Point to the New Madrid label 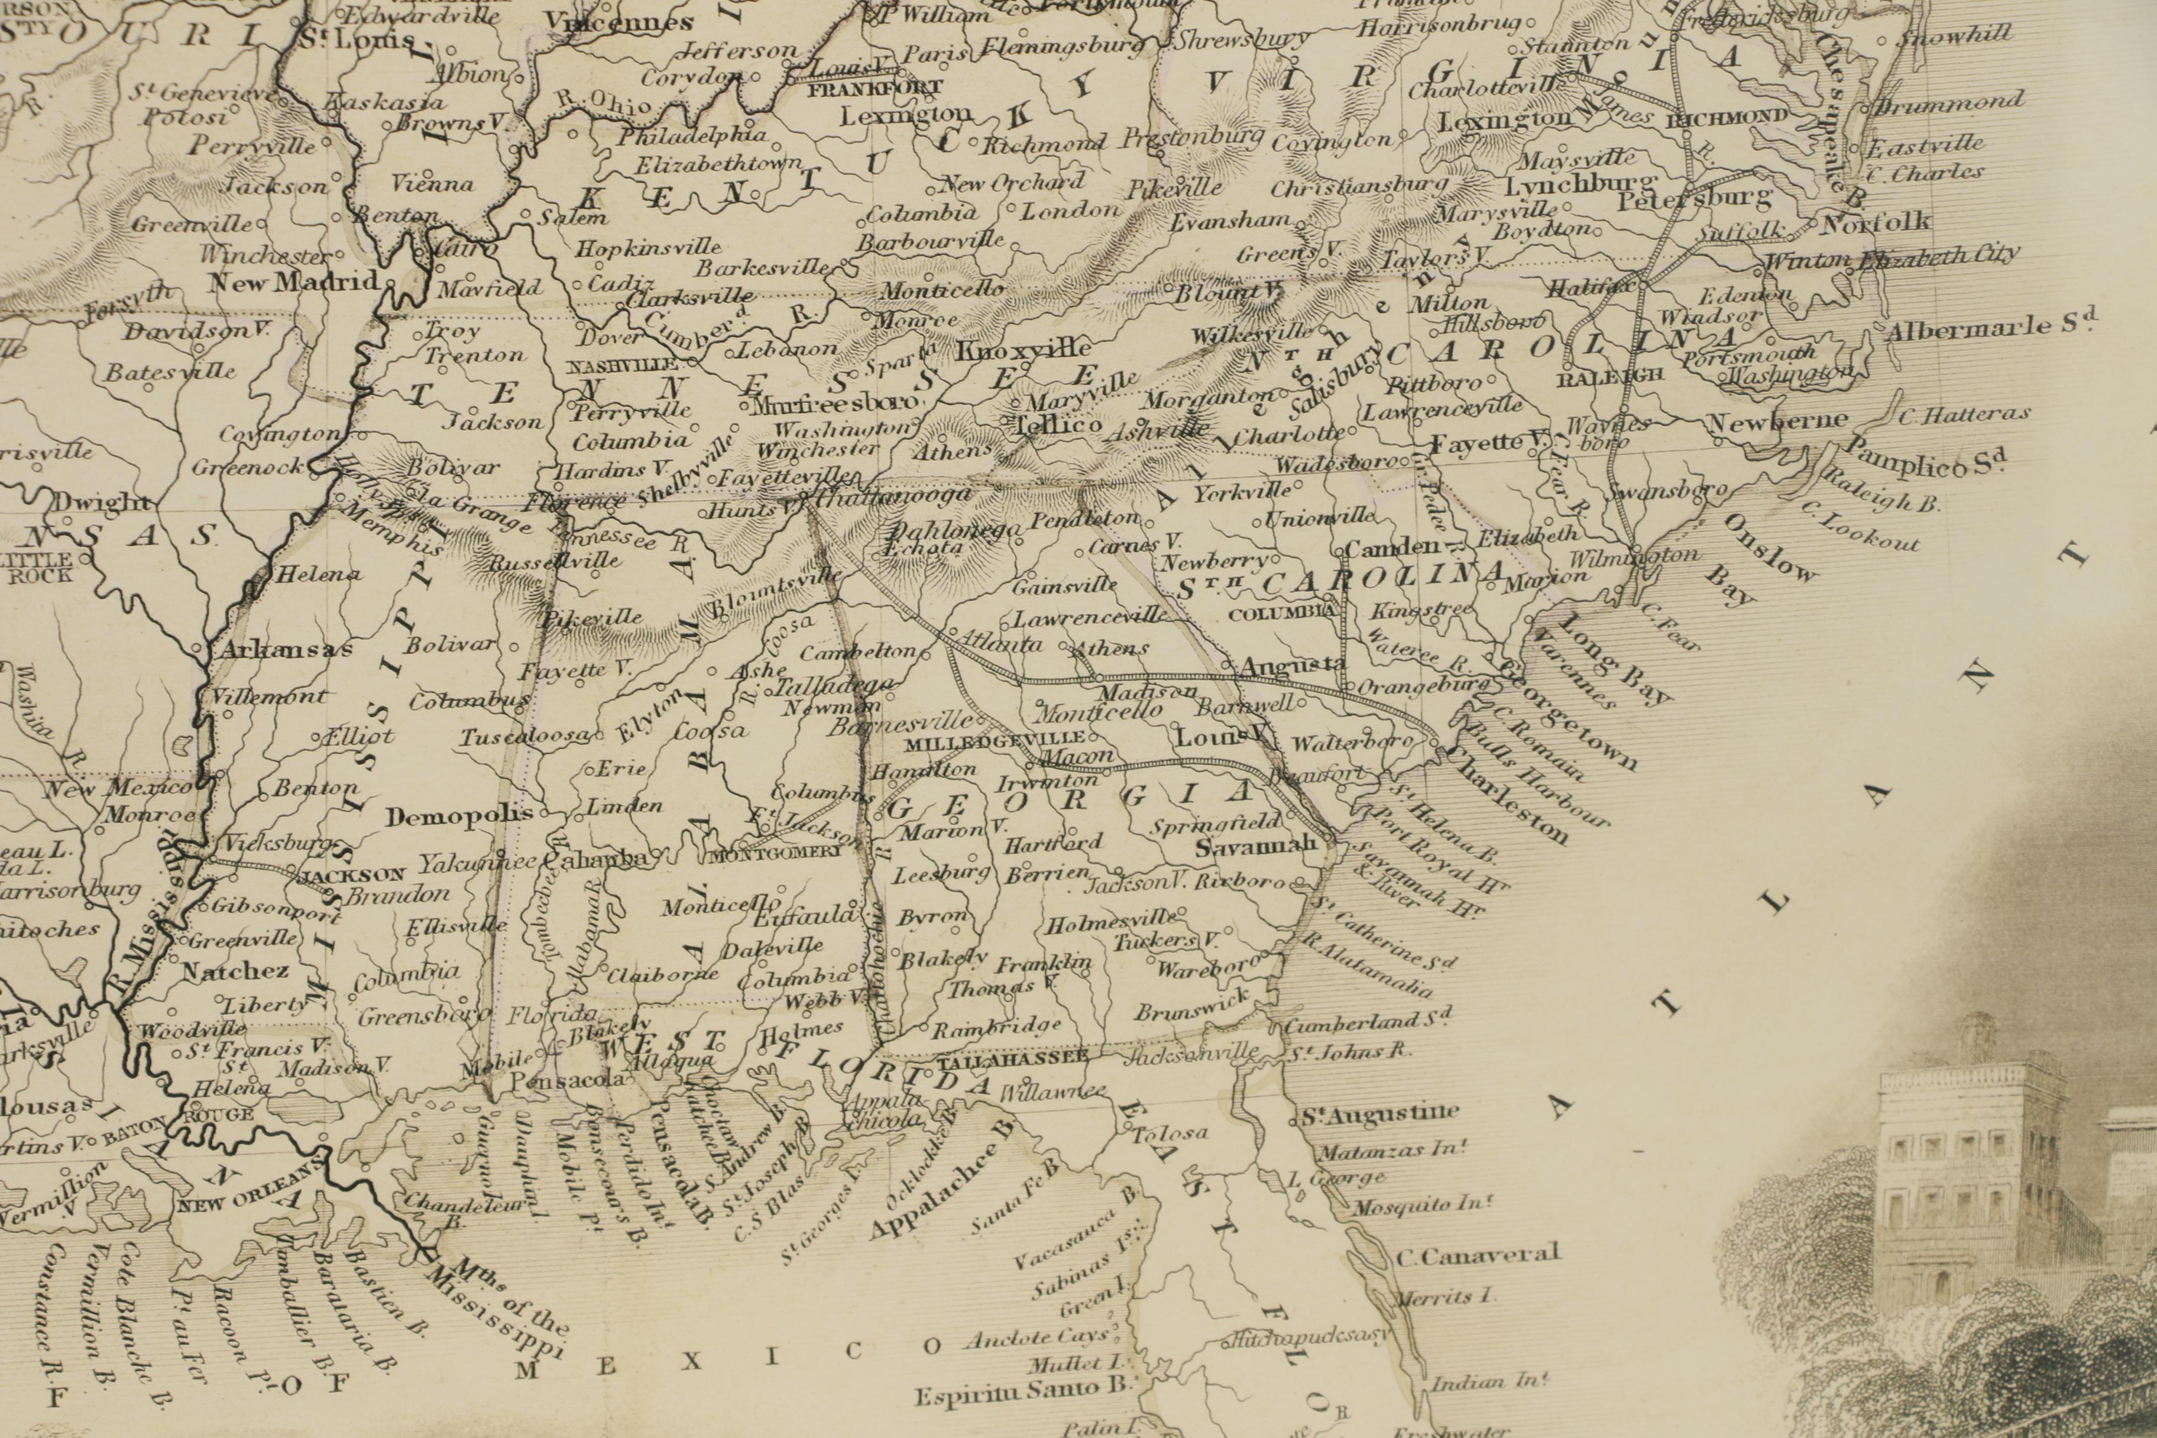pyautogui.click(x=293, y=281)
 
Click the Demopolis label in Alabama pyautogui.click(x=459, y=816)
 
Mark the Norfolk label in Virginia pyautogui.click(x=1876, y=222)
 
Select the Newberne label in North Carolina pyautogui.click(x=1777, y=422)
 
